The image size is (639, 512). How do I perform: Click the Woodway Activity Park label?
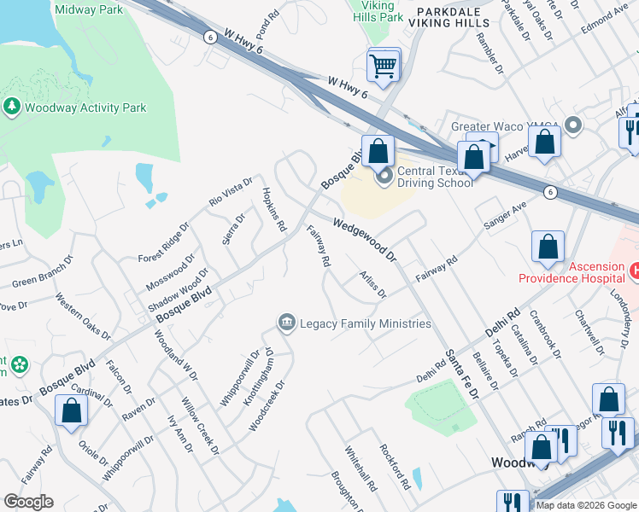coord(85,108)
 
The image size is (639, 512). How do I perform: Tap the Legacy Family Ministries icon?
coord(287,323)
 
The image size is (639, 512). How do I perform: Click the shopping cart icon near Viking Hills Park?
coord(384,65)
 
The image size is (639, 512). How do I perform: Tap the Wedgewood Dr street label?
coord(366,240)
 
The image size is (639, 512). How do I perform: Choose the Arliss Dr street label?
coord(373,283)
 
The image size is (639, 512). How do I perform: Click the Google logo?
coord(28,502)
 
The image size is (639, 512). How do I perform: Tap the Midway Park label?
coord(88,9)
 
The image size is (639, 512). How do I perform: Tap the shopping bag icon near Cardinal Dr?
coord(72,410)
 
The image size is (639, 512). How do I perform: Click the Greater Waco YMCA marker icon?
coord(572,126)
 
